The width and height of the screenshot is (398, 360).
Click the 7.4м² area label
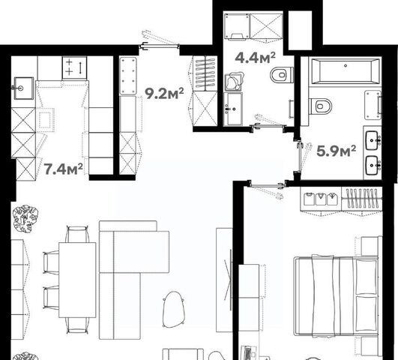point(64,169)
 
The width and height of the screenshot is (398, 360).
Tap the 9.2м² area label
point(164,94)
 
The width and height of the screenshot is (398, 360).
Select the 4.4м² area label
point(255,58)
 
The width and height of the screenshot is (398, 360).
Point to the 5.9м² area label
point(337,151)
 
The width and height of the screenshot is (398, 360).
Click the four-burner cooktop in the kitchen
point(75,67)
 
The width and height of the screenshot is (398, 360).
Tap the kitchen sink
point(23,88)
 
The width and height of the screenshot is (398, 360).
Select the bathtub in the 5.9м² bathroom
point(346,71)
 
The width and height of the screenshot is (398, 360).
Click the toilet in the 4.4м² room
point(282,75)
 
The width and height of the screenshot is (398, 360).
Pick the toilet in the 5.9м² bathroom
point(320,106)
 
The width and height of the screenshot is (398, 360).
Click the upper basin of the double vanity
point(373,140)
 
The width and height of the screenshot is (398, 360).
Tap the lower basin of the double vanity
point(373,166)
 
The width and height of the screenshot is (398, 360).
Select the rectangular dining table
point(77,280)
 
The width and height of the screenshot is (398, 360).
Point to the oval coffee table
point(174,310)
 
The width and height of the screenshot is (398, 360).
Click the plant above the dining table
point(25,219)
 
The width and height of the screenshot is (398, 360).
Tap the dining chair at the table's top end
point(77,234)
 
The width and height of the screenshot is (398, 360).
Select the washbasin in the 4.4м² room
point(233,109)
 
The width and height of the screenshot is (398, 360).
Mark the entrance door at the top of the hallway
point(160,46)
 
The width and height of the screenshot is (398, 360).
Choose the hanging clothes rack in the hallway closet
point(205,73)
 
